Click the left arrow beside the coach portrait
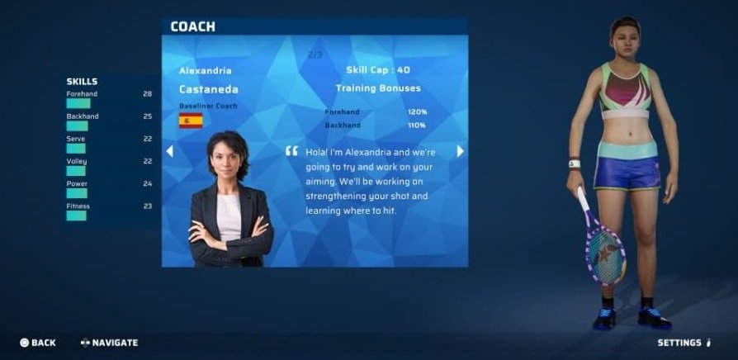[x=170, y=151]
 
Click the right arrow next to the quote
[x=461, y=151]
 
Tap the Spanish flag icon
[x=191, y=121]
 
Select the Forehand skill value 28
[x=147, y=94]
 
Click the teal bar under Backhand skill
[x=78, y=126]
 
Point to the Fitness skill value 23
[x=147, y=206]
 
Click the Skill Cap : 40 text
[x=378, y=70]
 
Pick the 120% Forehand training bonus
[x=417, y=112]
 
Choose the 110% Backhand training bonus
[x=417, y=126]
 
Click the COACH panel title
[x=192, y=26]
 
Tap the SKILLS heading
[x=82, y=82]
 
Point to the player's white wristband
[x=575, y=163]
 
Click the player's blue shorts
[x=627, y=173]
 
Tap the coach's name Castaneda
[x=209, y=89]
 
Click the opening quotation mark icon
[x=291, y=151]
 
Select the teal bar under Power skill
[x=77, y=193]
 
